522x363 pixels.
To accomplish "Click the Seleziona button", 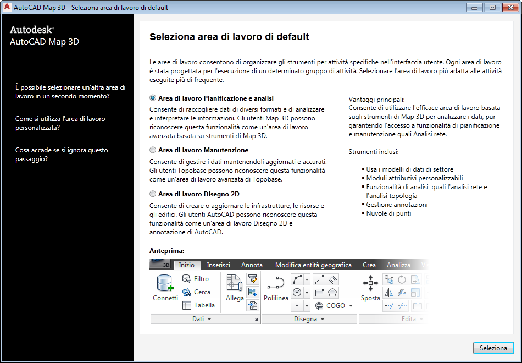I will point(493,348).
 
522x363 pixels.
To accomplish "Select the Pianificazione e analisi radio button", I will point(153,98).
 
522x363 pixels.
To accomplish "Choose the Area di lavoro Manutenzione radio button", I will point(153,150).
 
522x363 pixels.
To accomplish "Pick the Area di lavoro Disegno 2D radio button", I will point(153,194).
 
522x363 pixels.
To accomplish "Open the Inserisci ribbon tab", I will point(218,265).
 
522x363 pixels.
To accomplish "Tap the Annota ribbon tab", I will point(252,265).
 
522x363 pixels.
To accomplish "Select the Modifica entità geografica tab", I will point(313,265).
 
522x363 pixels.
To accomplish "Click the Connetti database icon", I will point(165,284).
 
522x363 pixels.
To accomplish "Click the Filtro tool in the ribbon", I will point(196,279).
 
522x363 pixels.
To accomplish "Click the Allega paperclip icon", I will point(235,284).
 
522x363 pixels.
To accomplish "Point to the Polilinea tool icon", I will point(275,284).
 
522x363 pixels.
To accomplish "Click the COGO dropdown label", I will point(335,305).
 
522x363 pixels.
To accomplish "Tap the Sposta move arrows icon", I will point(370,284).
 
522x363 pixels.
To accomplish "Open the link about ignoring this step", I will point(62,155).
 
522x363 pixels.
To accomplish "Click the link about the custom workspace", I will point(60,123).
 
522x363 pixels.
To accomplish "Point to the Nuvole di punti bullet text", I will point(389,213).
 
